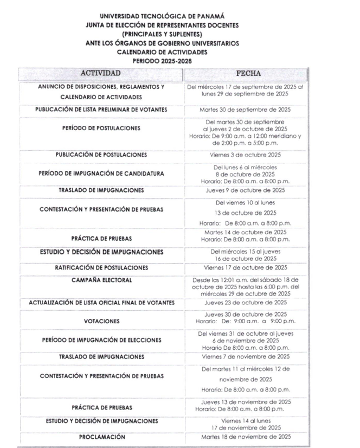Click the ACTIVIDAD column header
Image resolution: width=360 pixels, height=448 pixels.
[101, 73]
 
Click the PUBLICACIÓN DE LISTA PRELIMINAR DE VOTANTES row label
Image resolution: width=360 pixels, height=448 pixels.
[101, 110]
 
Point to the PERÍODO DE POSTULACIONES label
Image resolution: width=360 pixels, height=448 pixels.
[101, 129]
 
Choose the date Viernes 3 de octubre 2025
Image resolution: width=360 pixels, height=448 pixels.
[245, 155]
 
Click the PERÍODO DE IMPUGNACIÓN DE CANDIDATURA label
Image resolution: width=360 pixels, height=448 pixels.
[101, 174]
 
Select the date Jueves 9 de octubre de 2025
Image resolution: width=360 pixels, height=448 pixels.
[245, 191]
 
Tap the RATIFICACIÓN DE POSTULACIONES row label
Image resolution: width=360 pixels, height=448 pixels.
[101, 267]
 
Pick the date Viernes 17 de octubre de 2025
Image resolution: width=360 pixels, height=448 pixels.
[245, 267]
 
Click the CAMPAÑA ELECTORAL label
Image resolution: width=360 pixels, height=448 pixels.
[101, 280]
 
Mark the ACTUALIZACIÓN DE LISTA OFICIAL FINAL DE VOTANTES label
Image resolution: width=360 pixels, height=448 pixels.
[101, 303]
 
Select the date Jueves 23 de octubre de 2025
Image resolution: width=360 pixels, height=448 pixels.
[245, 303]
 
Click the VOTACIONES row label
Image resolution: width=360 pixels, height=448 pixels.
[101, 321]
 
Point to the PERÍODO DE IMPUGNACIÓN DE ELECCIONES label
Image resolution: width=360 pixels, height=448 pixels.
[101, 340]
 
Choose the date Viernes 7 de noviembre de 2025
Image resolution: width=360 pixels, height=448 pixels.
[245, 357]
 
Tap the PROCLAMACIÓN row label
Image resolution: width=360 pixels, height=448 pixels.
[101, 437]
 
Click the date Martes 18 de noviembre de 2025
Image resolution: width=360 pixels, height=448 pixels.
[245, 437]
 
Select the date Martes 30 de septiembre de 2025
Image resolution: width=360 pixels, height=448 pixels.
[245, 110]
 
